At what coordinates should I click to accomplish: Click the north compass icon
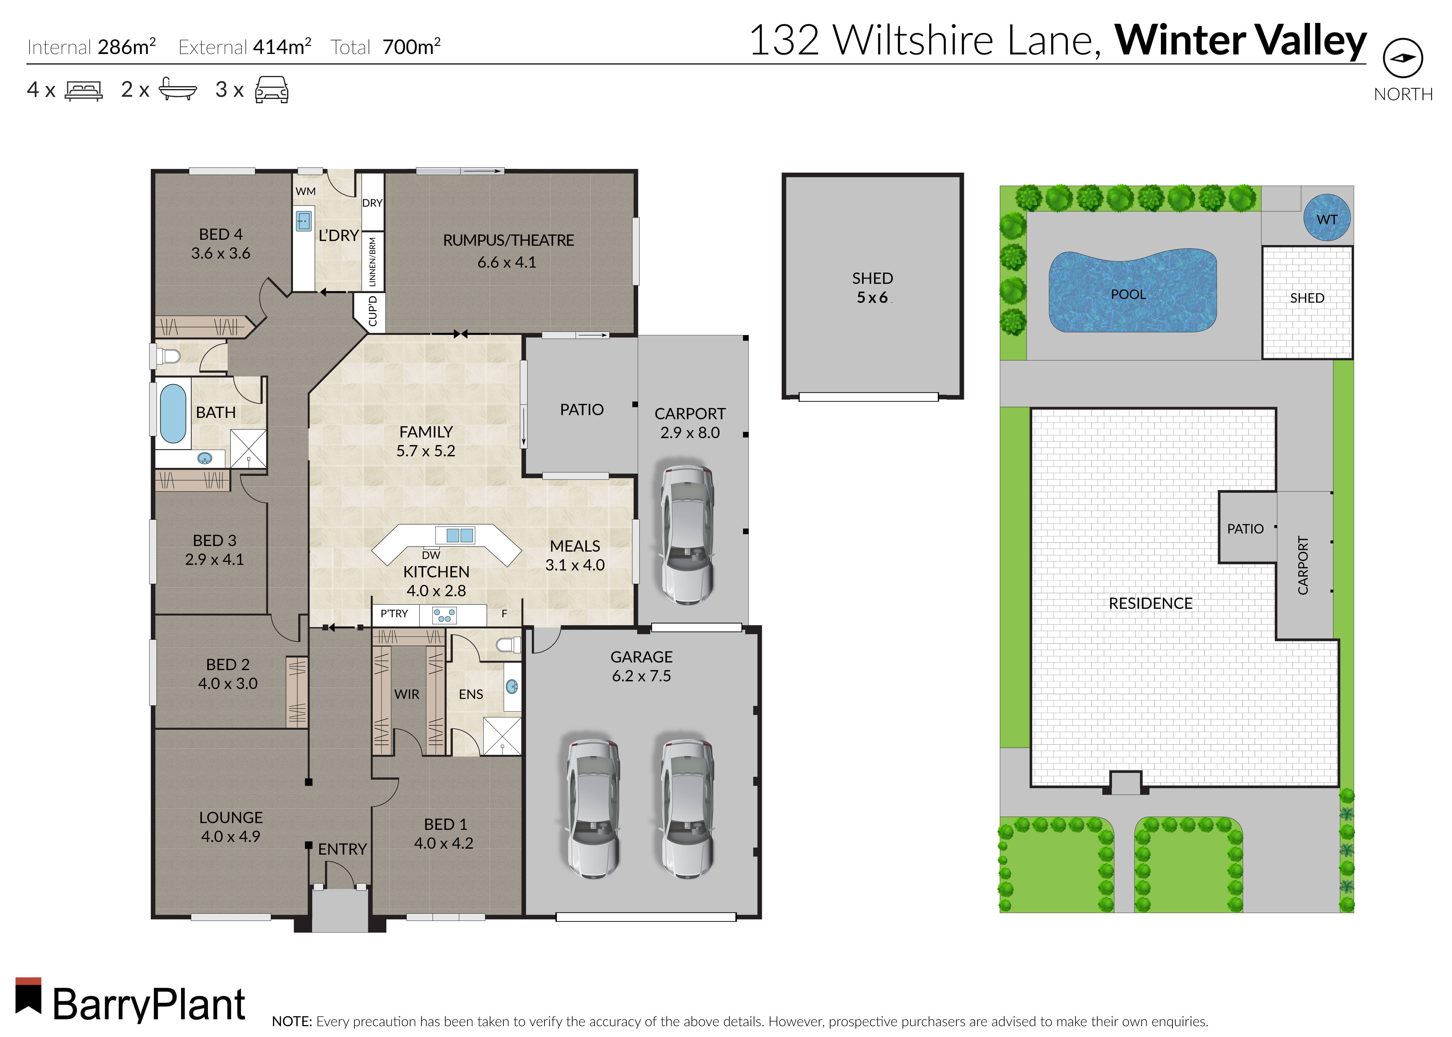(1403, 58)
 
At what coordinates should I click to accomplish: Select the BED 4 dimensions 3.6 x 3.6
(221, 254)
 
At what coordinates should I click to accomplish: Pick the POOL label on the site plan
(1128, 294)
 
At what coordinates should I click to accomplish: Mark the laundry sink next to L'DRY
(304, 219)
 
